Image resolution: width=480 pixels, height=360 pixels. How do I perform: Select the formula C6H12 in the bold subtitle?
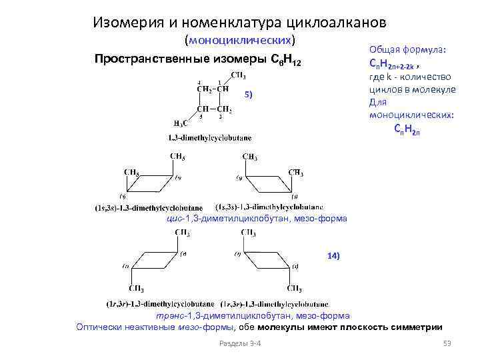pyautogui.click(x=286, y=61)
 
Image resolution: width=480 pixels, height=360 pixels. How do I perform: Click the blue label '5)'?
pyautogui.click(x=248, y=95)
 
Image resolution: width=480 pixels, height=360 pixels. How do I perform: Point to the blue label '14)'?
pyautogui.click(x=333, y=256)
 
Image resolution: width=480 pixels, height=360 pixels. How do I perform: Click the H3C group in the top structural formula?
pyautogui.click(x=180, y=123)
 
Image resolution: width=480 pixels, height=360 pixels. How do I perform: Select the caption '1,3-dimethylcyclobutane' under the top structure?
pyautogui.click(x=209, y=138)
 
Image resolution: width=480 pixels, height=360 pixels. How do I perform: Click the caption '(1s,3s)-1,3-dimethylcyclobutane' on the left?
pyautogui.click(x=149, y=208)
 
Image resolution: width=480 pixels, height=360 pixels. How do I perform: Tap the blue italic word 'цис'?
pyautogui.click(x=172, y=219)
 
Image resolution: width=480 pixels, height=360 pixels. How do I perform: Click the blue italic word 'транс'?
pyautogui.click(x=169, y=315)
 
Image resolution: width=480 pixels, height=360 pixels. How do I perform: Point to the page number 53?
pyautogui.click(x=447, y=343)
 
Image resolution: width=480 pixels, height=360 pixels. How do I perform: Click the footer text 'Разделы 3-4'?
pyautogui.click(x=240, y=343)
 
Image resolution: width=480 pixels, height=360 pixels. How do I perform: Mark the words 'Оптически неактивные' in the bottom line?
pyautogui.click(x=121, y=327)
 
